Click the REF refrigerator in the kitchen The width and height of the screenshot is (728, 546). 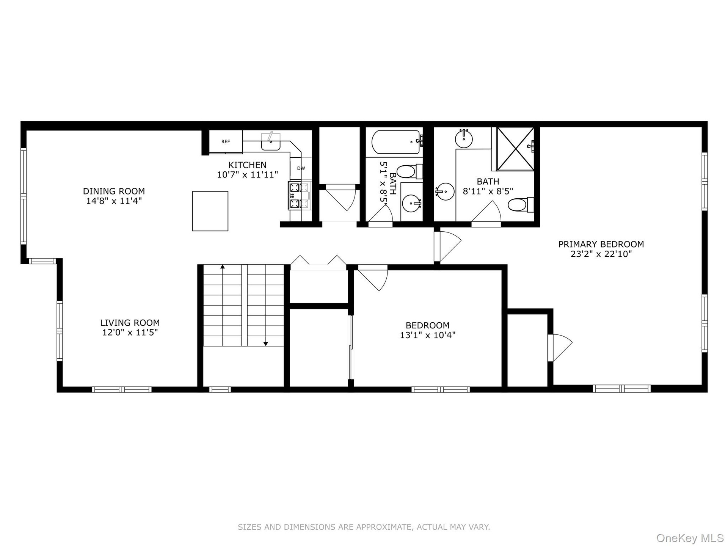(x=226, y=142)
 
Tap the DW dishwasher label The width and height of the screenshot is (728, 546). (x=301, y=168)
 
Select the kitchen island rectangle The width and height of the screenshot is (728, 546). (x=210, y=211)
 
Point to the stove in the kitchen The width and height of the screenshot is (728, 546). (x=299, y=196)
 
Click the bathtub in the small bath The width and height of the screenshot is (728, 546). (x=396, y=142)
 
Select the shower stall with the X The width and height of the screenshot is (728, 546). (x=515, y=149)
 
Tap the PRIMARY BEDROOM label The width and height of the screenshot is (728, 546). (x=601, y=244)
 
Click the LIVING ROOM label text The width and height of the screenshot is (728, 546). (x=130, y=323)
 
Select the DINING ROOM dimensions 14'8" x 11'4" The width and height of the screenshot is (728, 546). (x=114, y=201)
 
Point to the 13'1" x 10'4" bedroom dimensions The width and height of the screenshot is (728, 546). (x=428, y=335)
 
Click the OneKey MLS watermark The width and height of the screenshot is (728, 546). (x=690, y=538)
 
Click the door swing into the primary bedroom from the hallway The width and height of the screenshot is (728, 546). (x=448, y=246)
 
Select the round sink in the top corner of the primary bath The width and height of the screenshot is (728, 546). (x=464, y=139)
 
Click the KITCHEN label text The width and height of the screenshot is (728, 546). (x=247, y=165)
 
